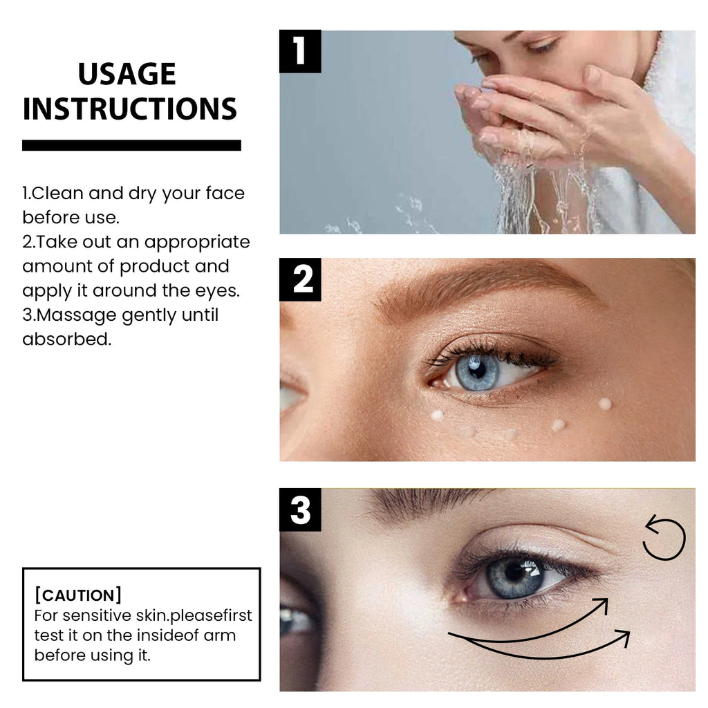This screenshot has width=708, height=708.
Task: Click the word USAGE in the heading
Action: coord(127,74)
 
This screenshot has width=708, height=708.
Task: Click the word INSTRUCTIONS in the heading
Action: coord(130,109)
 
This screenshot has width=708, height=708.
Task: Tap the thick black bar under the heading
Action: coord(131,145)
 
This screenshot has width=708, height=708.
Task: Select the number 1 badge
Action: coord(300,52)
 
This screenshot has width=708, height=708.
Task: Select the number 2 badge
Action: coord(300,280)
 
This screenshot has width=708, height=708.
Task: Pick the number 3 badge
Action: coord(300,510)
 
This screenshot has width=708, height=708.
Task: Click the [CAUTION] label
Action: coord(78,595)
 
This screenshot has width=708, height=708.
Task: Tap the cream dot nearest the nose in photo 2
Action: coord(437,415)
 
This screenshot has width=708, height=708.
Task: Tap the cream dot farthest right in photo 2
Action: coord(605,404)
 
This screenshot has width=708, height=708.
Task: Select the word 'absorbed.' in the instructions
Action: coord(66,339)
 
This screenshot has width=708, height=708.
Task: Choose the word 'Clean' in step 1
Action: coord(59,193)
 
